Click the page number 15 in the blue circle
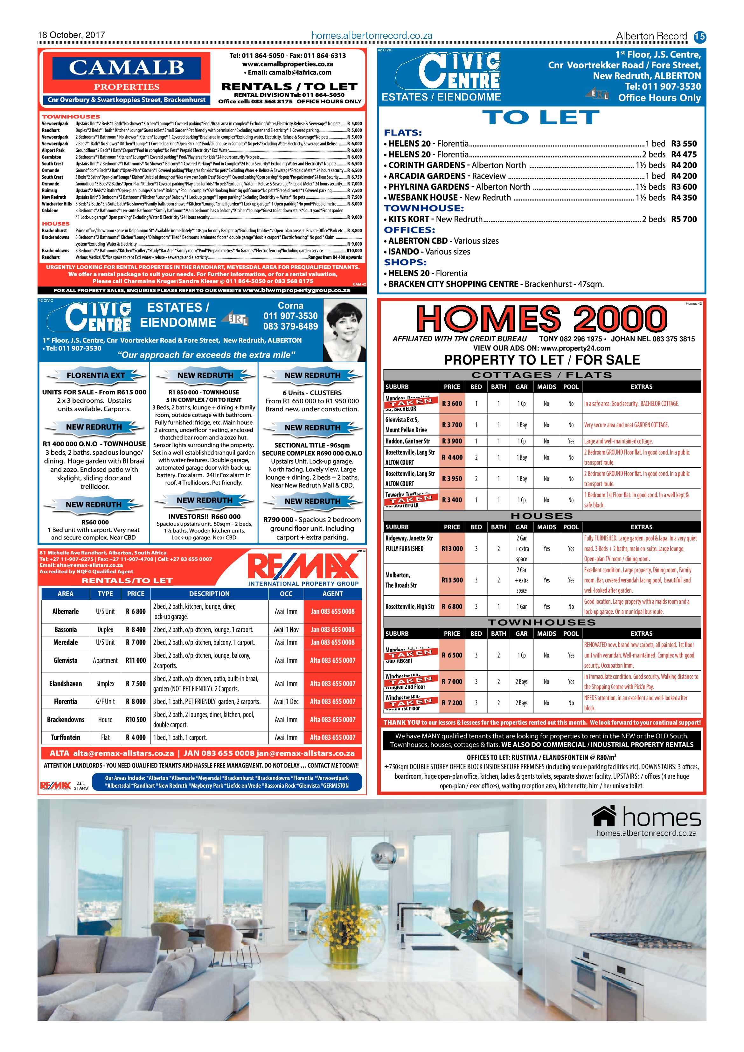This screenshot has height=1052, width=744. pyautogui.click(x=699, y=36)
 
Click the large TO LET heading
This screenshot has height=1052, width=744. pyautogui.click(x=541, y=118)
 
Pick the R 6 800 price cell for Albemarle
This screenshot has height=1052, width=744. pyautogui.click(x=136, y=611)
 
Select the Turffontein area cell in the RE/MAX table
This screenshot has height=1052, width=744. pyautogui.click(x=66, y=737)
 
